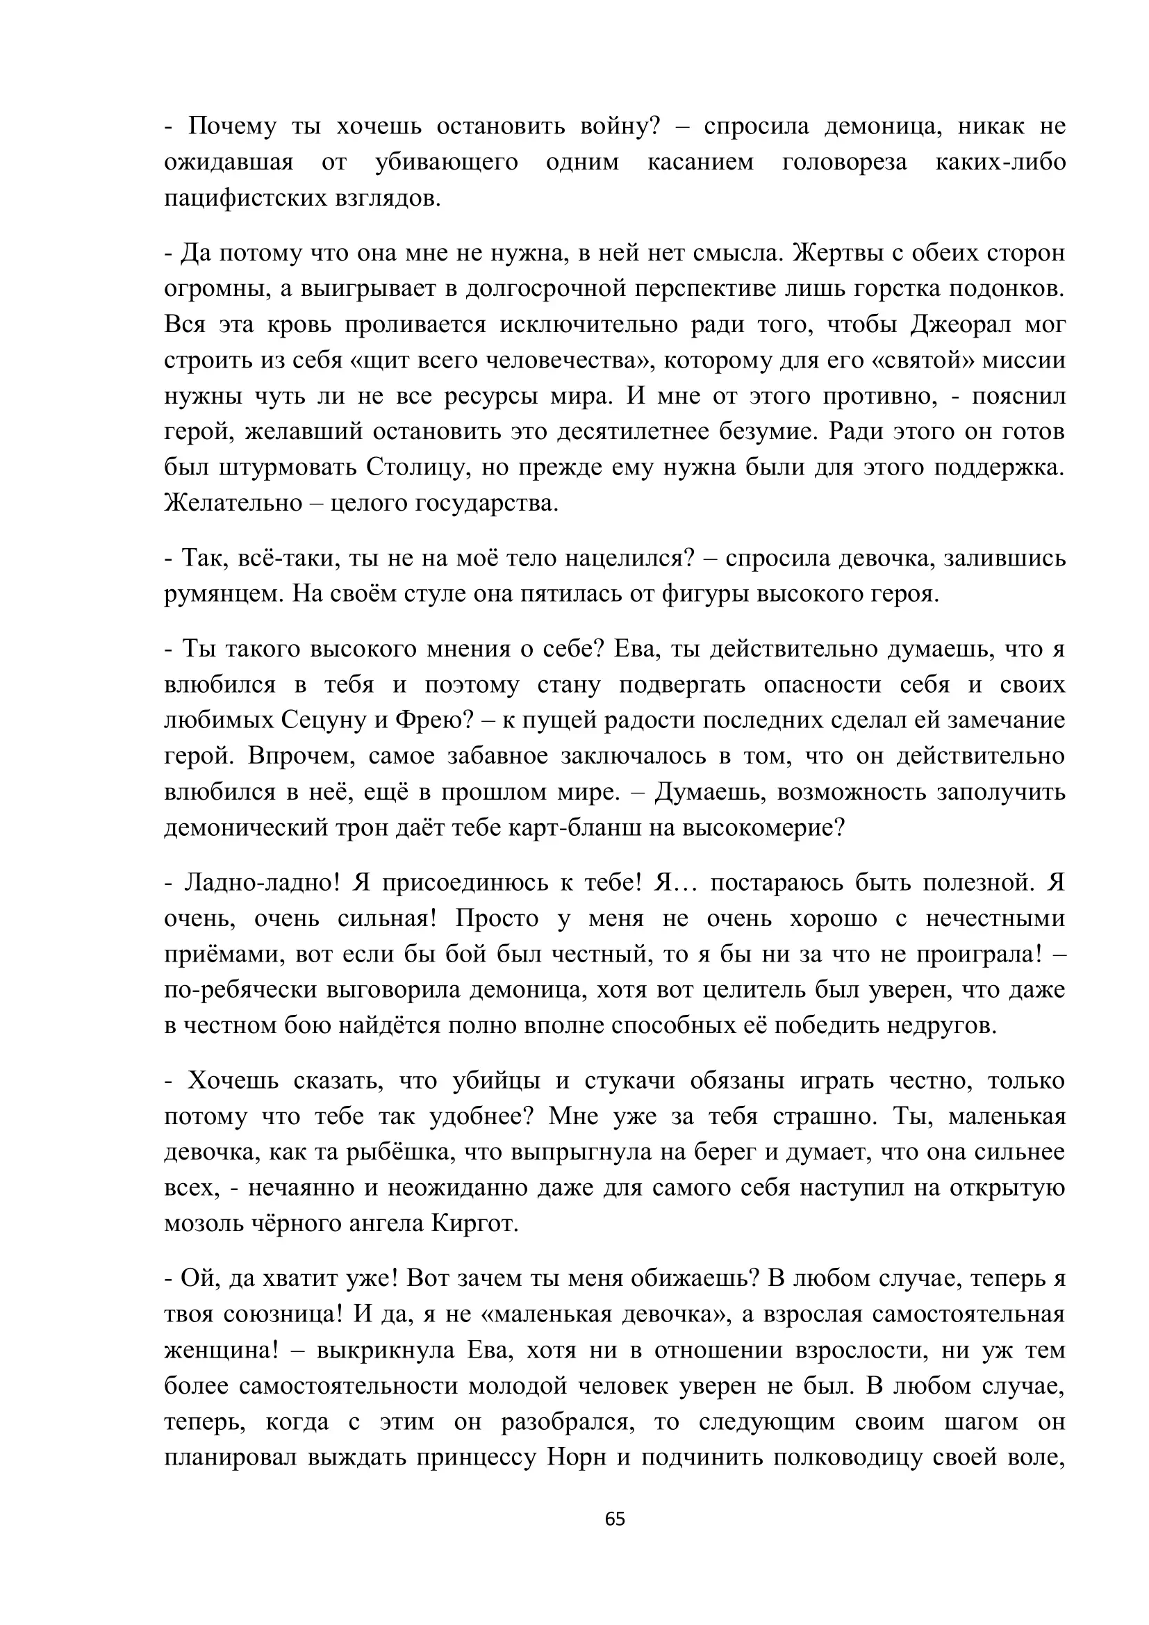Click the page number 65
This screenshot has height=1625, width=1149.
coord(615,1519)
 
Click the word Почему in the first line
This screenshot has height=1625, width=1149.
coord(233,126)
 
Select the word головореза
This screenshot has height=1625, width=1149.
coord(844,162)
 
